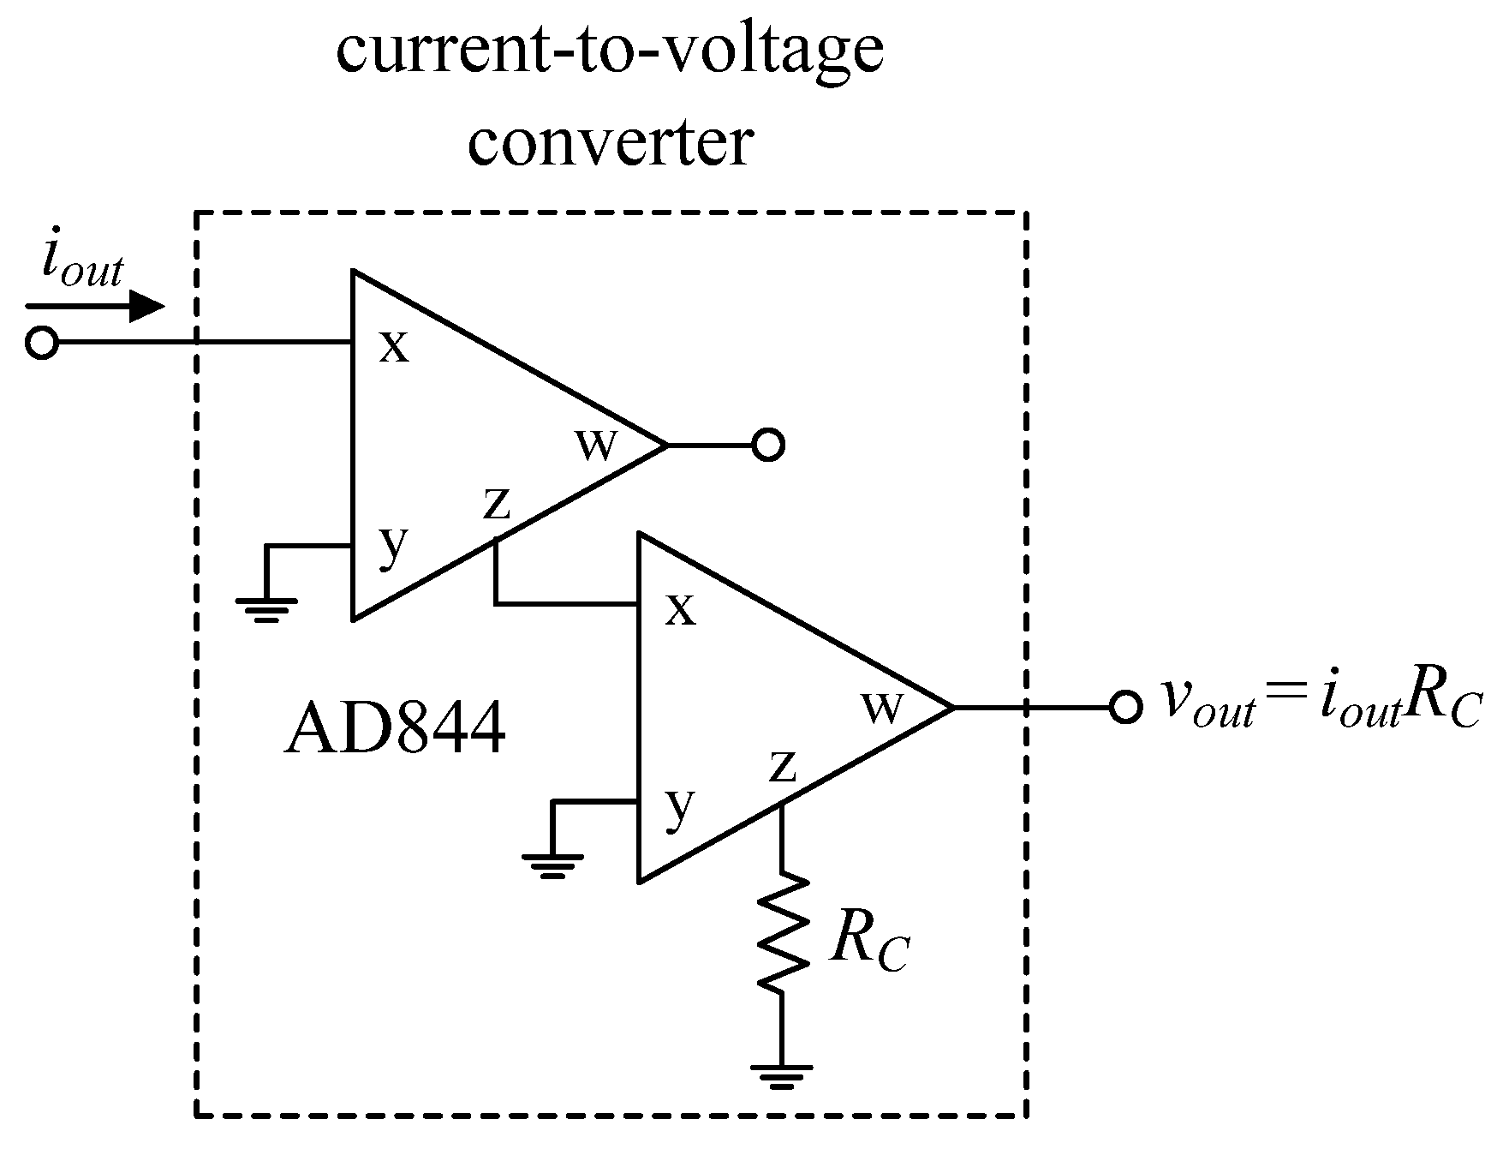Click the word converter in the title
[611, 143]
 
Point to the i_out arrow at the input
[94, 307]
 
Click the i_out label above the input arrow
[82, 267]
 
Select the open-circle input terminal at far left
[41, 343]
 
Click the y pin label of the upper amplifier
[393, 545]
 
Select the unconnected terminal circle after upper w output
[768, 445]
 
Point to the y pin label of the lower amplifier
[679, 807]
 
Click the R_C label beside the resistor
[868, 944]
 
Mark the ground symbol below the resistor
[781, 1074]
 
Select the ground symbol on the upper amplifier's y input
[267, 607]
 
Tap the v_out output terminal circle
[1125, 707]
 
